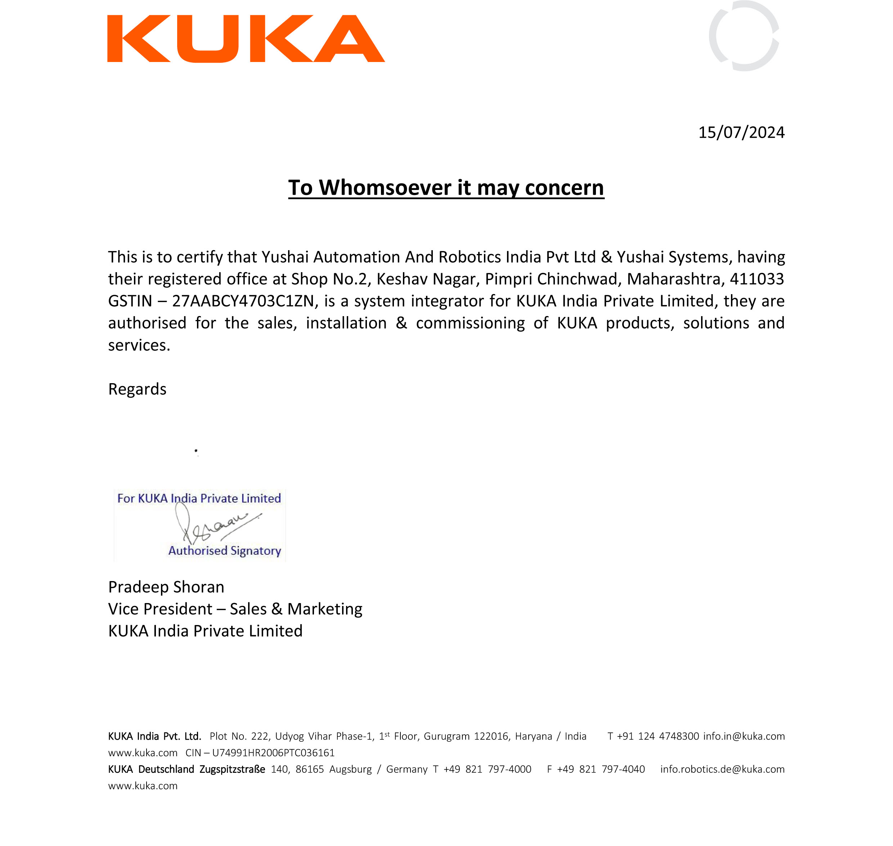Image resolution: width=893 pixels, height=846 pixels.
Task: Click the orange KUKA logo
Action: (x=246, y=39)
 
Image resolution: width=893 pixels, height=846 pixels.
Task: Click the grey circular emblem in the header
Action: (x=744, y=36)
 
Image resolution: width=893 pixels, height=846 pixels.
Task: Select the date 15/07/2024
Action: (x=741, y=133)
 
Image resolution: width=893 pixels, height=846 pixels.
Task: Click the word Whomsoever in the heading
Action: (x=385, y=187)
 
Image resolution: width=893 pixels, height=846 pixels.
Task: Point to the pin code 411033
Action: (x=757, y=279)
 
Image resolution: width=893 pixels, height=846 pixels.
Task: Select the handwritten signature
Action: (x=216, y=524)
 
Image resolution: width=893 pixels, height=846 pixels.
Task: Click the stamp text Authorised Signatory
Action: (x=224, y=551)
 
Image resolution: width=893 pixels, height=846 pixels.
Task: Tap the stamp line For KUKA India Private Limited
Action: (x=199, y=498)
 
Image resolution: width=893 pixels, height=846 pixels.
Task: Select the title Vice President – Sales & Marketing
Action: (x=235, y=609)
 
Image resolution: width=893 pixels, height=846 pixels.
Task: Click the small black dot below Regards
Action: (x=196, y=451)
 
